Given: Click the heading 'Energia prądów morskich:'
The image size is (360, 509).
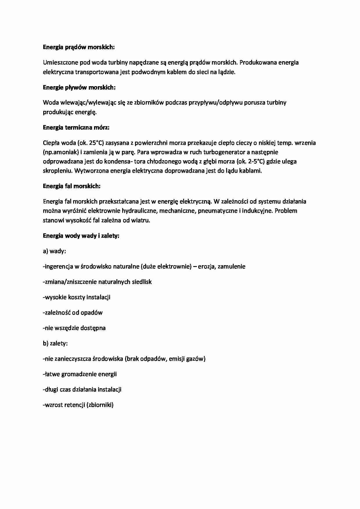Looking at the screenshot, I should click(x=79, y=47).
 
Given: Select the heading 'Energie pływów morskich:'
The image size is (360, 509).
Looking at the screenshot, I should click(x=79, y=87).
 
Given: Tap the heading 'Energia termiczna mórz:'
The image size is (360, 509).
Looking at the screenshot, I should click(x=76, y=127).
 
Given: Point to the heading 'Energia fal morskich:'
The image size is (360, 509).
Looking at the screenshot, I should click(x=71, y=186).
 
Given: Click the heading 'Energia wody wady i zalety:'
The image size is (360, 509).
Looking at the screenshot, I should click(x=81, y=236).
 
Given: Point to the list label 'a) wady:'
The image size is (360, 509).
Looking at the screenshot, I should click(x=54, y=251).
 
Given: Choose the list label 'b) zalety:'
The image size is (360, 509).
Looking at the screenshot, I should click(x=55, y=343).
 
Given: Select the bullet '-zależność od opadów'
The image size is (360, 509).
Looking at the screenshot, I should click(x=73, y=313).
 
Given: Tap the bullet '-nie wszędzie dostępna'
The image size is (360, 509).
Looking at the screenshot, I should click(x=74, y=328).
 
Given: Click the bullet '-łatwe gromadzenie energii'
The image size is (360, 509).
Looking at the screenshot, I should click(x=80, y=374).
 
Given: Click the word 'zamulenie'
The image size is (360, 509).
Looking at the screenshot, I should click(x=231, y=266).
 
